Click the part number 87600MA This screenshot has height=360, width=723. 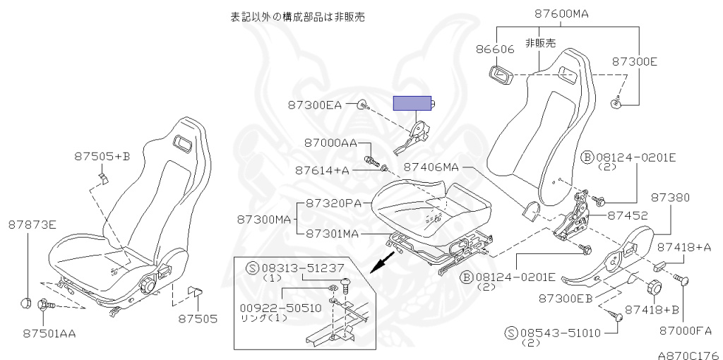coord(561,13)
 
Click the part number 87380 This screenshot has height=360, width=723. coord(670,197)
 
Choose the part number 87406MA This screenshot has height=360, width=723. coord(431,167)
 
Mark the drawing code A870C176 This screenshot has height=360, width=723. coord(688,354)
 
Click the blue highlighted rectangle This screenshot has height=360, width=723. coord(413,104)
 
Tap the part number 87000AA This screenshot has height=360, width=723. coord(330,143)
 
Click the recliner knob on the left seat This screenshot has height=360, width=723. coord(148,285)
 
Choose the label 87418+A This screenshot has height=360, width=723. coord(684,247)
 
